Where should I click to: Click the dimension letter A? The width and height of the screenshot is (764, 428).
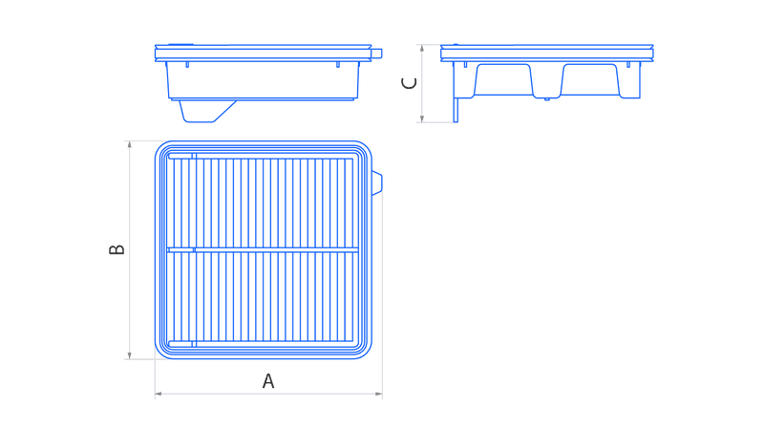pyautogui.click(x=268, y=381)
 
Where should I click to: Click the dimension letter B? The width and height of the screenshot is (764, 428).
pyautogui.click(x=117, y=249)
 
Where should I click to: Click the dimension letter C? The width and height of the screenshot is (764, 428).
pyautogui.click(x=409, y=83)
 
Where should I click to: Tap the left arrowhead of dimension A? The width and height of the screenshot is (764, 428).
pyautogui.click(x=159, y=394)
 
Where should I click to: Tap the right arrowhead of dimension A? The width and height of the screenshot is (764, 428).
pyautogui.click(x=378, y=394)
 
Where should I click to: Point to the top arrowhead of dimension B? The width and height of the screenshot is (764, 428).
pyautogui.click(x=129, y=144)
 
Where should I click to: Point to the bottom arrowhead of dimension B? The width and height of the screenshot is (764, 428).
pyautogui.click(x=129, y=355)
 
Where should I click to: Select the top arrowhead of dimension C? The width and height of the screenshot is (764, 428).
pyautogui.click(x=422, y=48)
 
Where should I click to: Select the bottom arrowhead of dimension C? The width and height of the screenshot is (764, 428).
pyautogui.click(x=422, y=118)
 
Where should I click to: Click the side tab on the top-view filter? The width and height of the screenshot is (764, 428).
pyautogui.click(x=377, y=183)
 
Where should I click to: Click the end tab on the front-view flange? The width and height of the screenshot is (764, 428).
pyautogui.click(x=376, y=53)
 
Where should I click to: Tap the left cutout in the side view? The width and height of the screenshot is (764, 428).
pyautogui.click(x=503, y=79)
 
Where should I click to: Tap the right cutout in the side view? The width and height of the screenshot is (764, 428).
pyautogui.click(x=590, y=79)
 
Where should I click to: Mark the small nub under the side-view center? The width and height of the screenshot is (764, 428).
pyautogui.click(x=546, y=99)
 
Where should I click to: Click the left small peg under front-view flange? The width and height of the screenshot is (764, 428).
pyautogui.click(x=187, y=64)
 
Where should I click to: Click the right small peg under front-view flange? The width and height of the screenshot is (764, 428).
pyautogui.click(x=338, y=64)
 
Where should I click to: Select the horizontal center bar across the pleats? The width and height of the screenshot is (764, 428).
pyautogui.click(x=263, y=250)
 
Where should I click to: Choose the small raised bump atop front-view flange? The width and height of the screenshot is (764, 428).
pyautogui.click(x=180, y=45)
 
